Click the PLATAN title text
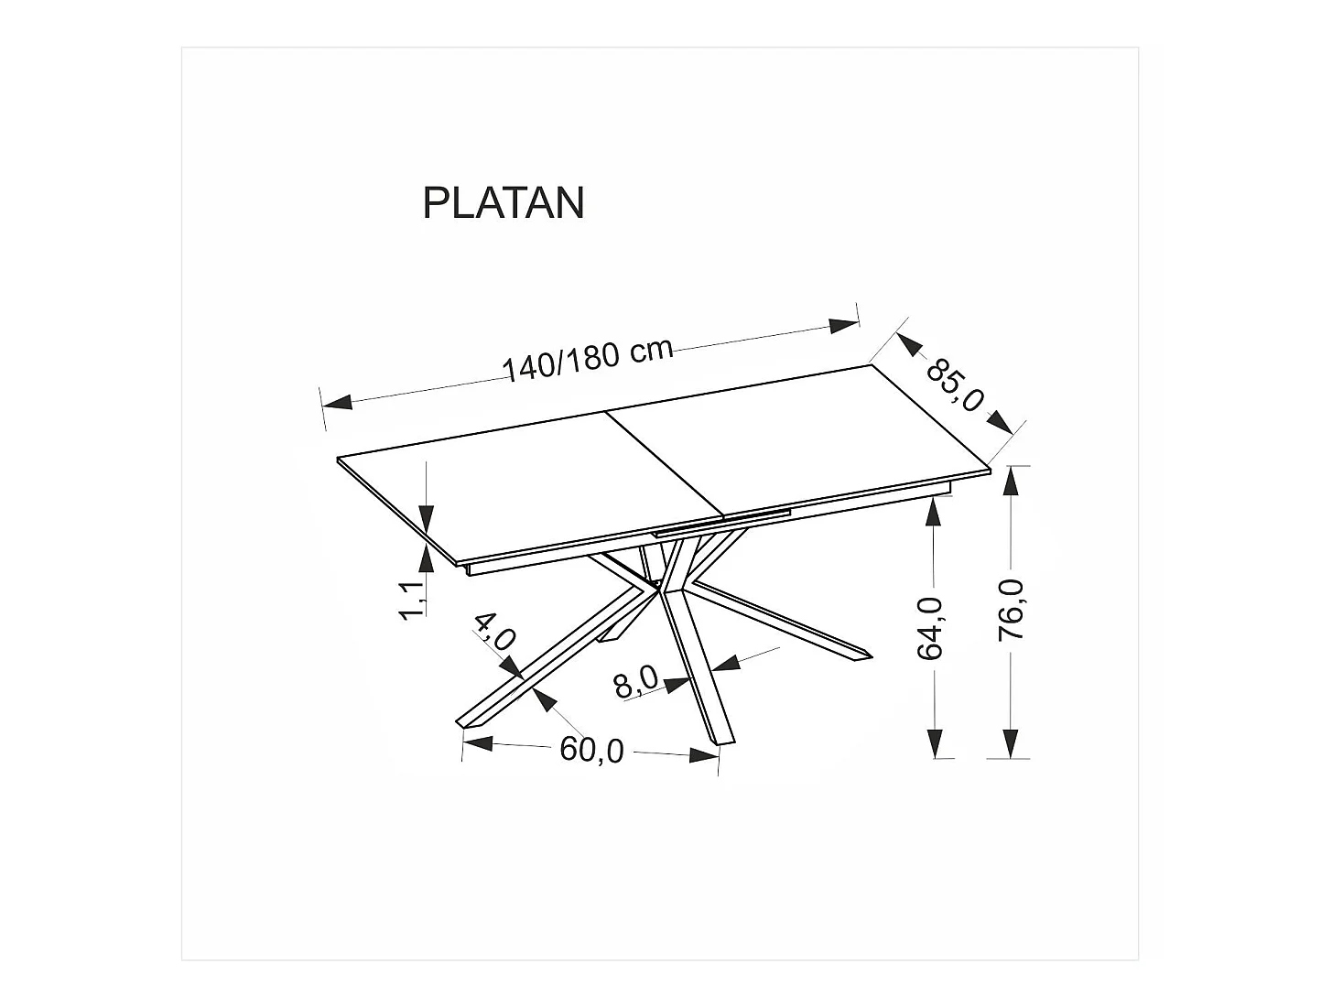[x=503, y=203]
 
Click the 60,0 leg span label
[x=591, y=750]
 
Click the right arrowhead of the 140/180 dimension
[x=843, y=326]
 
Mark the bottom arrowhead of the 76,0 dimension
[x=1010, y=742]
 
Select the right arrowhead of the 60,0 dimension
[x=702, y=755]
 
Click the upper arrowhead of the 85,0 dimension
[x=910, y=344]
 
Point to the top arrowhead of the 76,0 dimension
[x=1010, y=482]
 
